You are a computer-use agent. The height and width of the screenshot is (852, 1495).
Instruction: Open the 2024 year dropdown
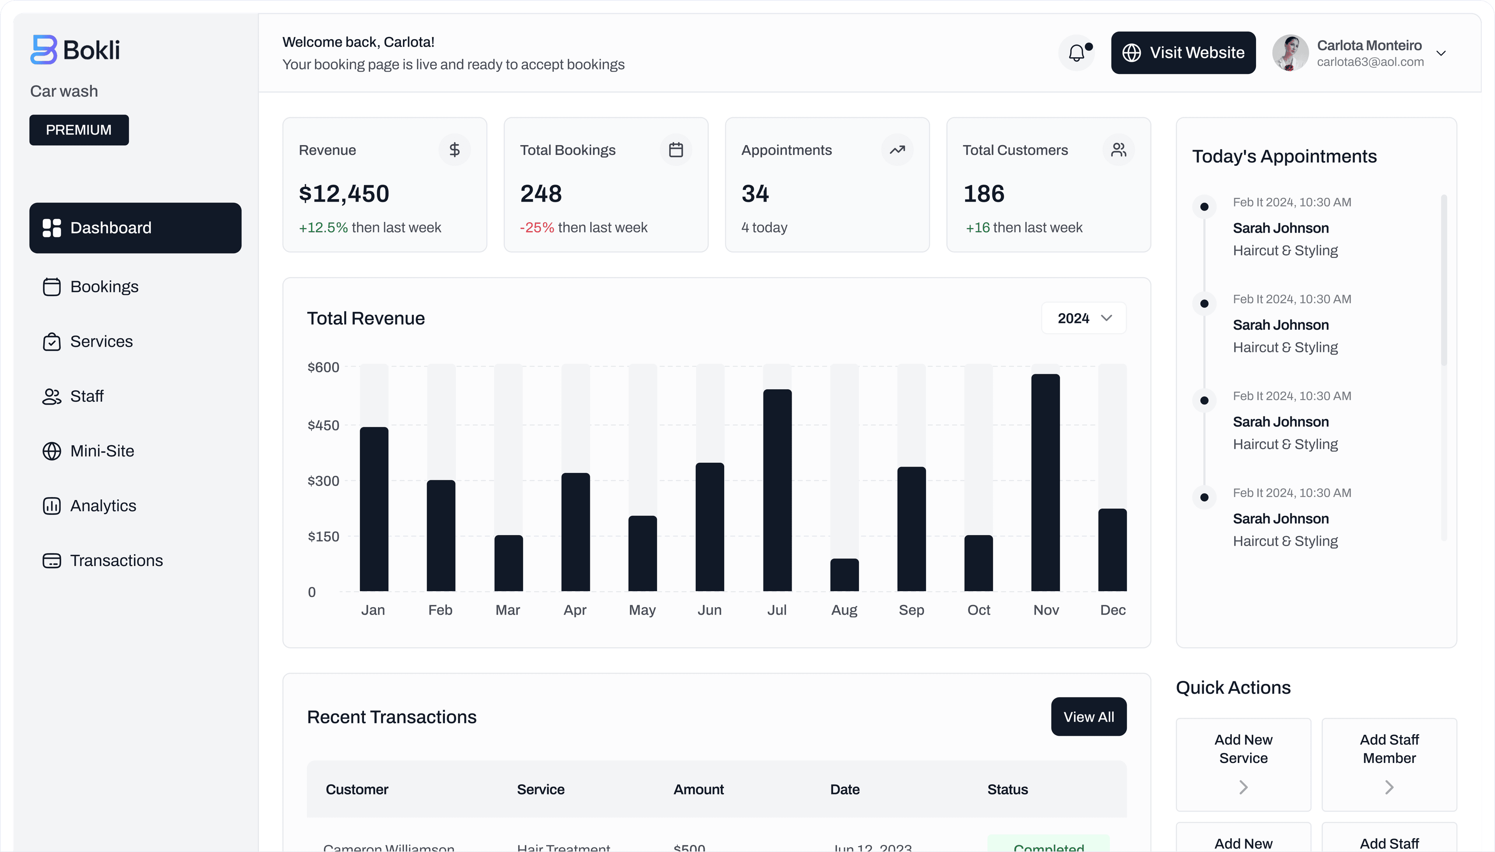(1083, 318)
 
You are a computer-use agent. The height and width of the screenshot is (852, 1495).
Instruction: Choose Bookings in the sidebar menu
(104, 287)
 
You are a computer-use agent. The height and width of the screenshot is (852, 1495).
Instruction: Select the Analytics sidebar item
(103, 506)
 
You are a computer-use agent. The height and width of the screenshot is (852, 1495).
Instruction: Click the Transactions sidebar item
(116, 560)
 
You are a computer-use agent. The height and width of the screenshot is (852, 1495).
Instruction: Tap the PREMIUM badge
(79, 130)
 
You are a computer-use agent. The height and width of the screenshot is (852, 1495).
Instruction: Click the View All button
(1088, 717)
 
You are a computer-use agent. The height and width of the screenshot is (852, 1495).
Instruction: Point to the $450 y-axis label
(323, 425)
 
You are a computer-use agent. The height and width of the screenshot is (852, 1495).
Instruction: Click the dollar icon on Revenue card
(454, 150)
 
